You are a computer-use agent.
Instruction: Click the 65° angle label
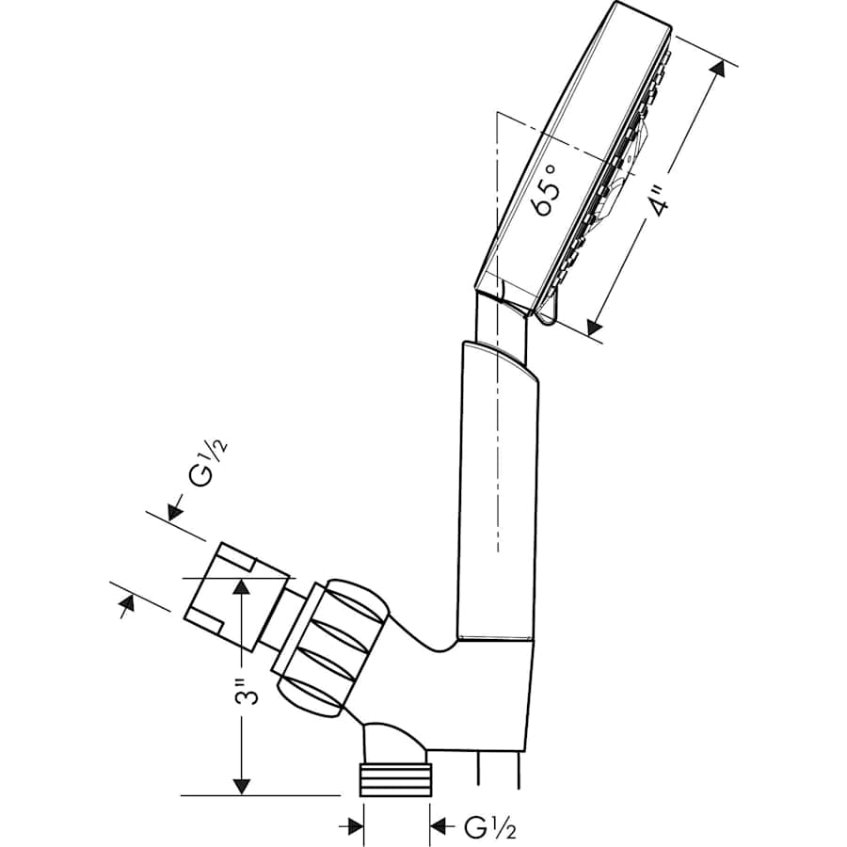click(x=548, y=188)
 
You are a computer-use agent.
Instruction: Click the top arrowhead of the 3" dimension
click(x=242, y=586)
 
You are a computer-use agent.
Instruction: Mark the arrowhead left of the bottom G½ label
click(x=354, y=826)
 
